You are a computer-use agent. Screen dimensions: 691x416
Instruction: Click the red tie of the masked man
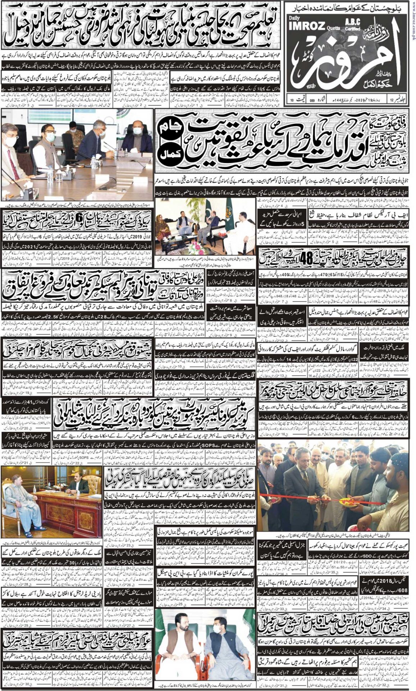point(13,164)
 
